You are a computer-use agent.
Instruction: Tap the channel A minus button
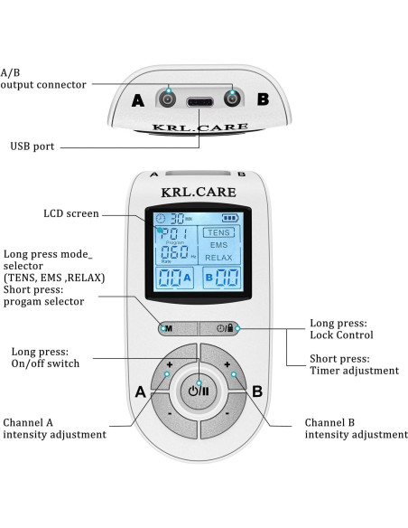click(168, 415)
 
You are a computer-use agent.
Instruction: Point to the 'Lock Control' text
click(342, 335)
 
